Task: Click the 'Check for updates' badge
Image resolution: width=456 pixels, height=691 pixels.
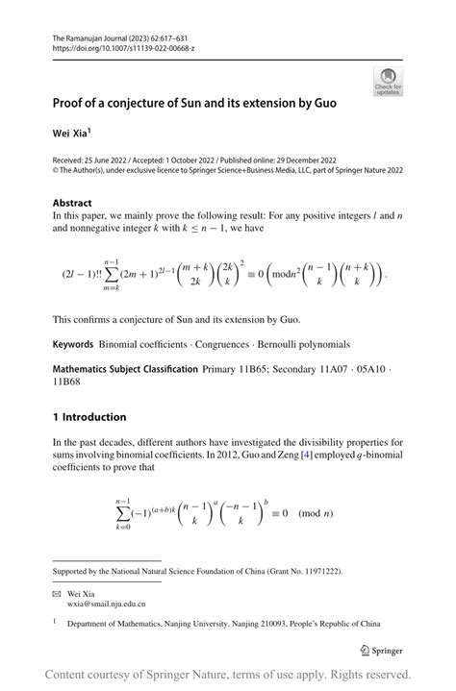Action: click(x=389, y=81)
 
